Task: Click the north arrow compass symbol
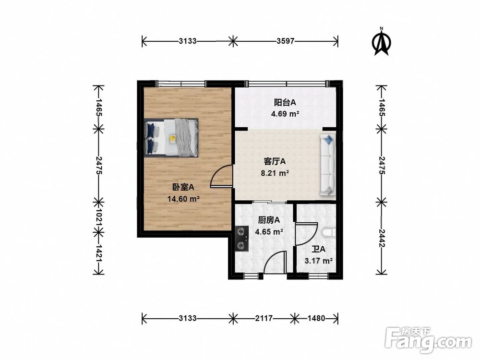[x=382, y=42]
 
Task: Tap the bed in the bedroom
[x=171, y=138]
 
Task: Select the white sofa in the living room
[x=328, y=165]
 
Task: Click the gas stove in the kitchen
[x=242, y=239]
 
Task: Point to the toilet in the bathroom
[x=329, y=232]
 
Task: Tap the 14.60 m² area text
[x=184, y=199]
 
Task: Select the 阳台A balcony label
[x=285, y=102]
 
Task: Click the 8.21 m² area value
[x=275, y=173]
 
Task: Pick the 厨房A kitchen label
[x=269, y=220]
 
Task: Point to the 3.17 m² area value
[x=319, y=261]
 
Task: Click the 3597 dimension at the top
[x=285, y=41]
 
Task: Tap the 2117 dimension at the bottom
[x=264, y=318]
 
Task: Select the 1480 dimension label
[x=316, y=318]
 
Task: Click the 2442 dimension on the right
[x=382, y=238]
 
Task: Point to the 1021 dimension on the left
[x=98, y=217]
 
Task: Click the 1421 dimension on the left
[x=98, y=253]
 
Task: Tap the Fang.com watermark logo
[x=429, y=339]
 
